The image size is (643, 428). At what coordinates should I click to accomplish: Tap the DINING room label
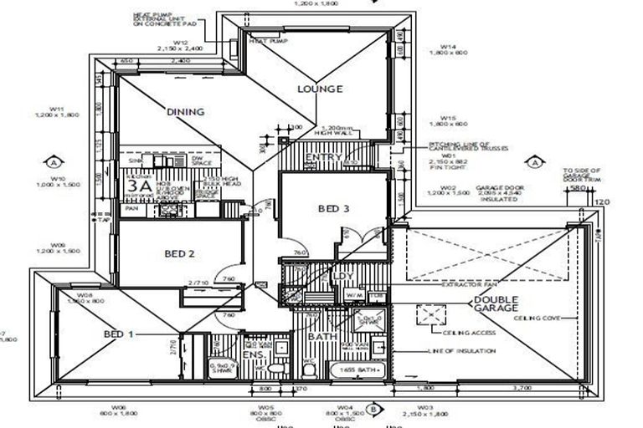tap(186, 111)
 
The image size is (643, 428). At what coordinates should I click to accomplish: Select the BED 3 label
tap(333, 209)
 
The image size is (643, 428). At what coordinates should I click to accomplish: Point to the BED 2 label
tap(180, 253)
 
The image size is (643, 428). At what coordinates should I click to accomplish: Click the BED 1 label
tap(120, 334)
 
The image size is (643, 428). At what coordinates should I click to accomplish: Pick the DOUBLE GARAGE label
tap(496, 306)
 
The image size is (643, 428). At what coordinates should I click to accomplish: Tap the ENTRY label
tap(322, 157)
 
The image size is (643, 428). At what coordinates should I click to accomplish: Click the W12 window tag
tap(179, 43)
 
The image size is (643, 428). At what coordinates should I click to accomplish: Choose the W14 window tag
tap(449, 47)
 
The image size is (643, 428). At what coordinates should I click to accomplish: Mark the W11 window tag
tap(57, 109)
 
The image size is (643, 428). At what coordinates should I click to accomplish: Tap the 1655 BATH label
tap(359, 369)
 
